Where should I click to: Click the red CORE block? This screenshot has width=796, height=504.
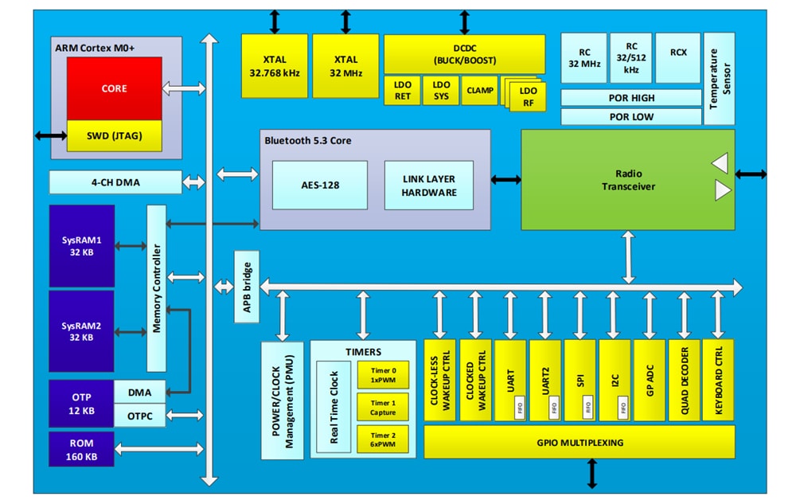click(114, 88)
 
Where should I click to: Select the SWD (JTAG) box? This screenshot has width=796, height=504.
click(114, 136)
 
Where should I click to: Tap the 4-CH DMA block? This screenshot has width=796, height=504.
click(115, 182)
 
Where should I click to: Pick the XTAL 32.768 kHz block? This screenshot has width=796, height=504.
click(274, 66)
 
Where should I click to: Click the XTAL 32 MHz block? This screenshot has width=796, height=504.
click(345, 66)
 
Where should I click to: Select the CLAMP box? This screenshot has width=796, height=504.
click(479, 91)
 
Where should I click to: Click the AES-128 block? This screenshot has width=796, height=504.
click(319, 185)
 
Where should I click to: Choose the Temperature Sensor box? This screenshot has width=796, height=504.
click(720, 79)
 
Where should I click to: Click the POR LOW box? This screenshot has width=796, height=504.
click(631, 117)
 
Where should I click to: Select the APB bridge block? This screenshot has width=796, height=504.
click(246, 287)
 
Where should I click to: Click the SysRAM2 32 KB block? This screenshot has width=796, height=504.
click(81, 332)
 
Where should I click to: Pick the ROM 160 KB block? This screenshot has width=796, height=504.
click(81, 449)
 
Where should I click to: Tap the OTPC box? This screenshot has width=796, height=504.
click(140, 415)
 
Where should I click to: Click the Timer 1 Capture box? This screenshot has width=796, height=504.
click(382, 408)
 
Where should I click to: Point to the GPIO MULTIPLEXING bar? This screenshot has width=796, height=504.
click(579, 443)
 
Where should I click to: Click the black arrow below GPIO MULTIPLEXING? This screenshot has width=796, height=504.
click(591, 474)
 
